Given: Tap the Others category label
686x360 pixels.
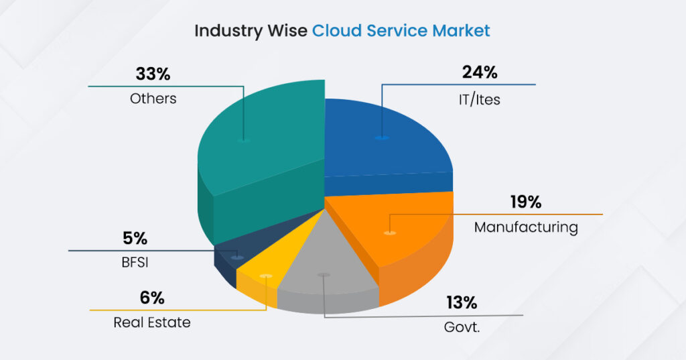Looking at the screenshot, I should pos(153,99).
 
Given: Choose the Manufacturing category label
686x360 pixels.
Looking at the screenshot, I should pos(526,227).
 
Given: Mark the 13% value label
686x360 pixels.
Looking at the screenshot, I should pos(462,302).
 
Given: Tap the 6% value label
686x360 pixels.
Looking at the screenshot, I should pos(151,298).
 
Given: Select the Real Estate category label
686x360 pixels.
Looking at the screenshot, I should pos(152,322).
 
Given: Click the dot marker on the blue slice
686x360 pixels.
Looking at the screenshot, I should pos(382,137).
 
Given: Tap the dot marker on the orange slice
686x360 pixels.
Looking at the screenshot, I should pos(389,233).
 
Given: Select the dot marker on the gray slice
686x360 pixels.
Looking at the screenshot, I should pos(324,275).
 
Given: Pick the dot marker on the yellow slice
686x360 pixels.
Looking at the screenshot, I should pos(266,276).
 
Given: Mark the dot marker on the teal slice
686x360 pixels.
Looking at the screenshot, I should pos(244,141).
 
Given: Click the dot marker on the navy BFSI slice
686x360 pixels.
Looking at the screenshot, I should pos(236,257).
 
